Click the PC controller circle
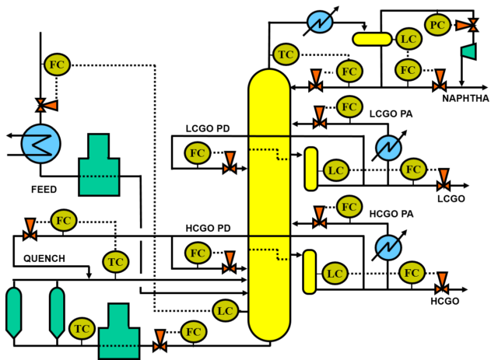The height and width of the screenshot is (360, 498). [437, 25]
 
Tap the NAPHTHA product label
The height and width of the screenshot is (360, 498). [465, 99]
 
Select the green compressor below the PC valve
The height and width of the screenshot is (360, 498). [468, 51]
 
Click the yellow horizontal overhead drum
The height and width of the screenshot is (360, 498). [372, 39]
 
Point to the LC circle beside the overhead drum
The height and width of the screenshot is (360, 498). [409, 39]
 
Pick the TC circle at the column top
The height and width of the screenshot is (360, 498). [286, 54]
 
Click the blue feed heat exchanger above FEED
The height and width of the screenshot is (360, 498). [40, 144]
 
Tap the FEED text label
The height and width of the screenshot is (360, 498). [44, 190]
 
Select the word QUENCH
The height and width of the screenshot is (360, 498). [44, 258]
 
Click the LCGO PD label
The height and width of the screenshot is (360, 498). [208, 128]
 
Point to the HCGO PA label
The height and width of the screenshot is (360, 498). [391, 214]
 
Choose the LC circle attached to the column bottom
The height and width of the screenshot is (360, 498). [225, 311]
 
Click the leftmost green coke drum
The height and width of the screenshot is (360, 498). [14, 313]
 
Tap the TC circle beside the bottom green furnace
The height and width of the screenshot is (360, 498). [82, 329]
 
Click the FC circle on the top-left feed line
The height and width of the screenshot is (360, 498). [57, 65]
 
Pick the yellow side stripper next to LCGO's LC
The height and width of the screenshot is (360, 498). [311, 169]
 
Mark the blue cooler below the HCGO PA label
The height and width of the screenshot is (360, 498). [388, 247]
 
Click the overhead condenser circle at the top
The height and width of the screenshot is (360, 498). [320, 22]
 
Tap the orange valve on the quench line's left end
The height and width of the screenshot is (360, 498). [30, 229]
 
